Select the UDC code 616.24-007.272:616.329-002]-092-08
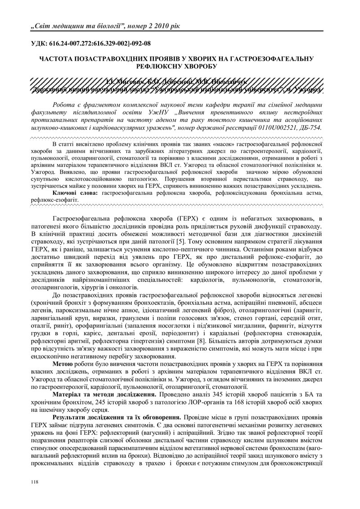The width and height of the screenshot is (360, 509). pos(102,44)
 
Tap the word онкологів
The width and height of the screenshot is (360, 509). pos(118,287)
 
